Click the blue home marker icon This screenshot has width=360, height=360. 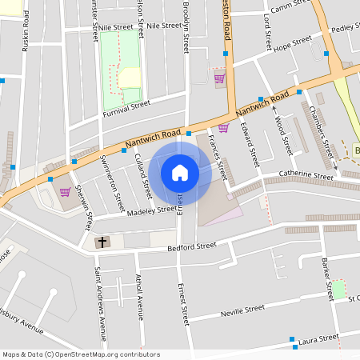point(180,172)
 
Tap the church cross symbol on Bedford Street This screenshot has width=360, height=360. point(102,242)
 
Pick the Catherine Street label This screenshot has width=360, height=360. point(306,174)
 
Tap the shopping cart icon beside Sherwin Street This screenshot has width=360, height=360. point(64,192)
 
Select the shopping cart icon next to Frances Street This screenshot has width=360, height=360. point(223,128)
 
